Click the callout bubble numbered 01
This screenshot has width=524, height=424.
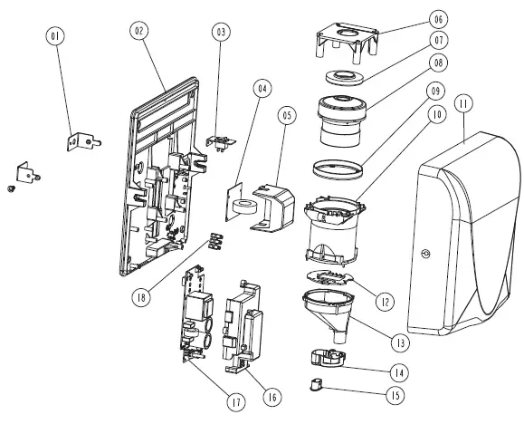57,36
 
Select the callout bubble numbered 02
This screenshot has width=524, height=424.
139,30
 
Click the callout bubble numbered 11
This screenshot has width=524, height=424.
463,104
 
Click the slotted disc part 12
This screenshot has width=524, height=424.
336,277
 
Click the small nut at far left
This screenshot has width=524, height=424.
8,189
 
